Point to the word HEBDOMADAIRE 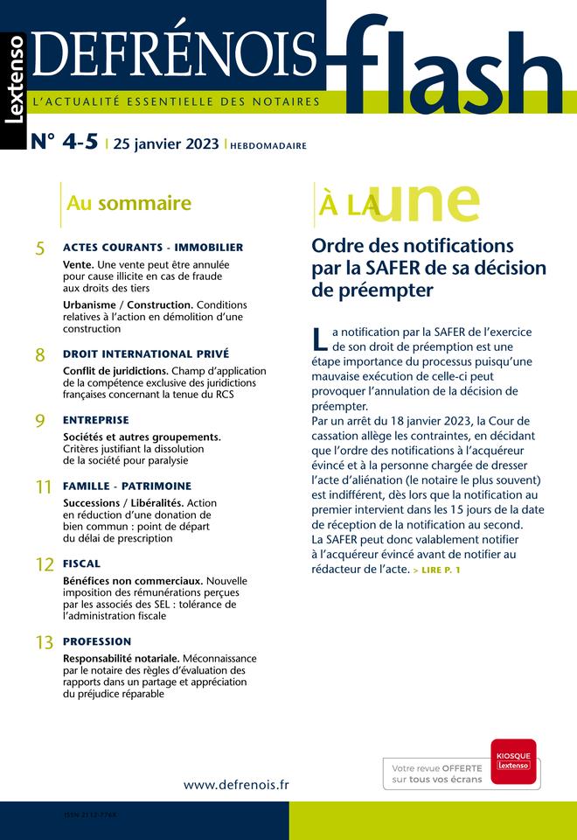pyautogui.click(x=268, y=146)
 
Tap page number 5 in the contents pyautogui.click(x=40, y=249)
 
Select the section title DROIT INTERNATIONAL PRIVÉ pyautogui.click(x=146, y=353)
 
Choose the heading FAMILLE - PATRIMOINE pyautogui.click(x=127, y=486)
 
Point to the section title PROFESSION pyautogui.click(x=97, y=641)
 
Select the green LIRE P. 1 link pyautogui.click(x=437, y=570)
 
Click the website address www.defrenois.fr pyautogui.click(x=236, y=784)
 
